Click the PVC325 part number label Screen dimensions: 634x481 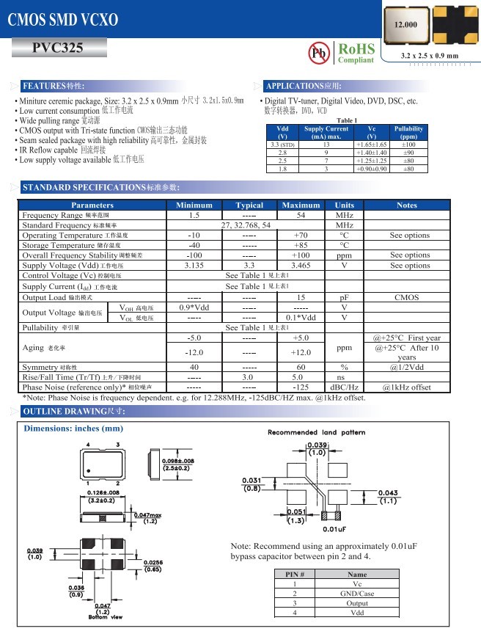pos(58,48)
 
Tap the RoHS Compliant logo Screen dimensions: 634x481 pos(356,52)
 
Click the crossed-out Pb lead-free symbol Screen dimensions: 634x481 pos(319,53)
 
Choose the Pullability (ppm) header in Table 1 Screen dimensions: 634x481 pos(408,132)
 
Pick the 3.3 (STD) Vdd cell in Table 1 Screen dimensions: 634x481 pos(282,145)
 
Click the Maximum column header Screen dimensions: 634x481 pos(301,205)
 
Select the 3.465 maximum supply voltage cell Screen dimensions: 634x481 pos(301,265)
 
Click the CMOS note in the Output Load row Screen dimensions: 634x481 pos(406,297)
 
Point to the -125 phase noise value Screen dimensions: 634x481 pos(301,386)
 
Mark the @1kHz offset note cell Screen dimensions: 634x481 pos(406,386)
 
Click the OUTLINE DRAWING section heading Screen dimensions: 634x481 pos(73,411)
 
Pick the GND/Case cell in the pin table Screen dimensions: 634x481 pos(357,593)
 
